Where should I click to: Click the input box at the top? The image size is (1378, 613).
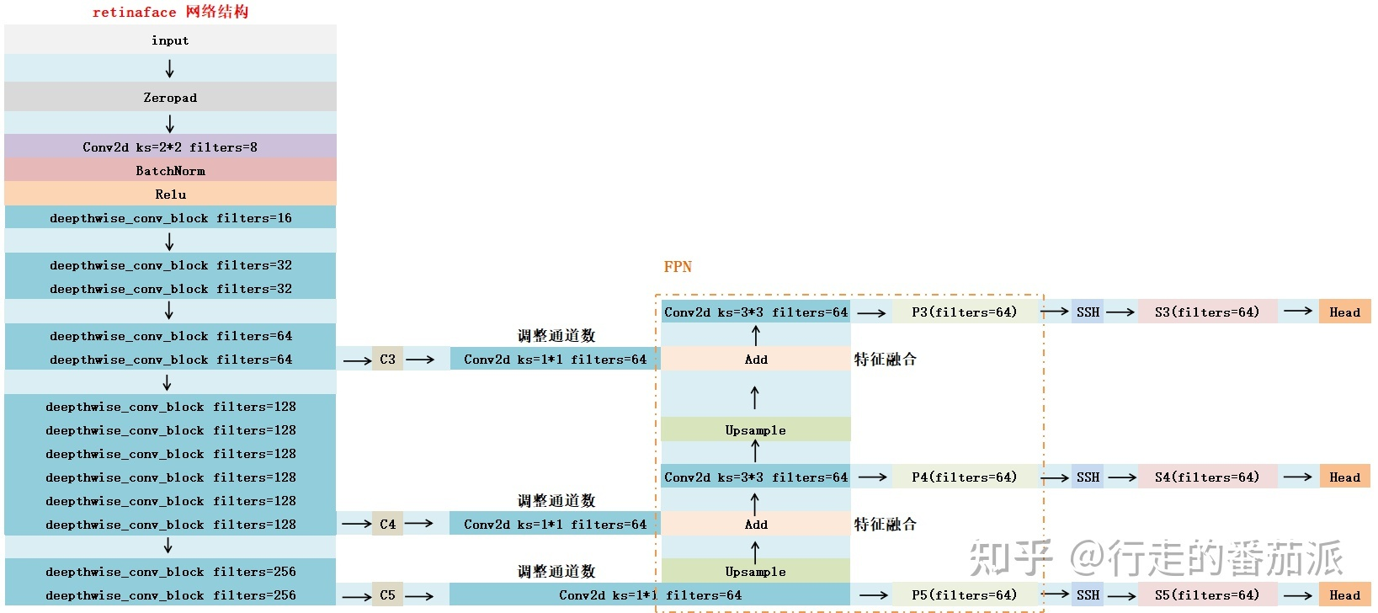(x=170, y=40)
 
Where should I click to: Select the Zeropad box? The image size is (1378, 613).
(x=170, y=97)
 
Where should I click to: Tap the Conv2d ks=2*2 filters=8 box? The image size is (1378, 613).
(x=170, y=147)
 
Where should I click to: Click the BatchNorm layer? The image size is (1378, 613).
(x=170, y=170)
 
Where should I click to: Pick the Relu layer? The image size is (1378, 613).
(x=170, y=194)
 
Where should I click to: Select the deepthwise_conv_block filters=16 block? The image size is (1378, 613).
(x=170, y=217)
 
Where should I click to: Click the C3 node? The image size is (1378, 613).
(x=387, y=360)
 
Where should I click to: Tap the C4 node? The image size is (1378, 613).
(x=387, y=524)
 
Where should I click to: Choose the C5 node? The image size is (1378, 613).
(x=387, y=595)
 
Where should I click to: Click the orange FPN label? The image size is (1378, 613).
(x=678, y=267)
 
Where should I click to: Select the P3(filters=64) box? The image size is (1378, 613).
(x=965, y=312)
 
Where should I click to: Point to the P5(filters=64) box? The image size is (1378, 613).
(x=965, y=595)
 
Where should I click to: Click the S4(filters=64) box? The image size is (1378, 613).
(x=1207, y=477)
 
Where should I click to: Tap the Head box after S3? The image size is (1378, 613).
(x=1344, y=312)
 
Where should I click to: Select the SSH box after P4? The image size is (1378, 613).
(x=1088, y=477)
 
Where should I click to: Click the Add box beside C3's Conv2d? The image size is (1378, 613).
(x=756, y=360)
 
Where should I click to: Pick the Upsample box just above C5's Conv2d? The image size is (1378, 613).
(x=756, y=572)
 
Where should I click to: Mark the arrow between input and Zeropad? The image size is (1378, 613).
(x=170, y=69)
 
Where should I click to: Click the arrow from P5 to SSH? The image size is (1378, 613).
(x=1055, y=595)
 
